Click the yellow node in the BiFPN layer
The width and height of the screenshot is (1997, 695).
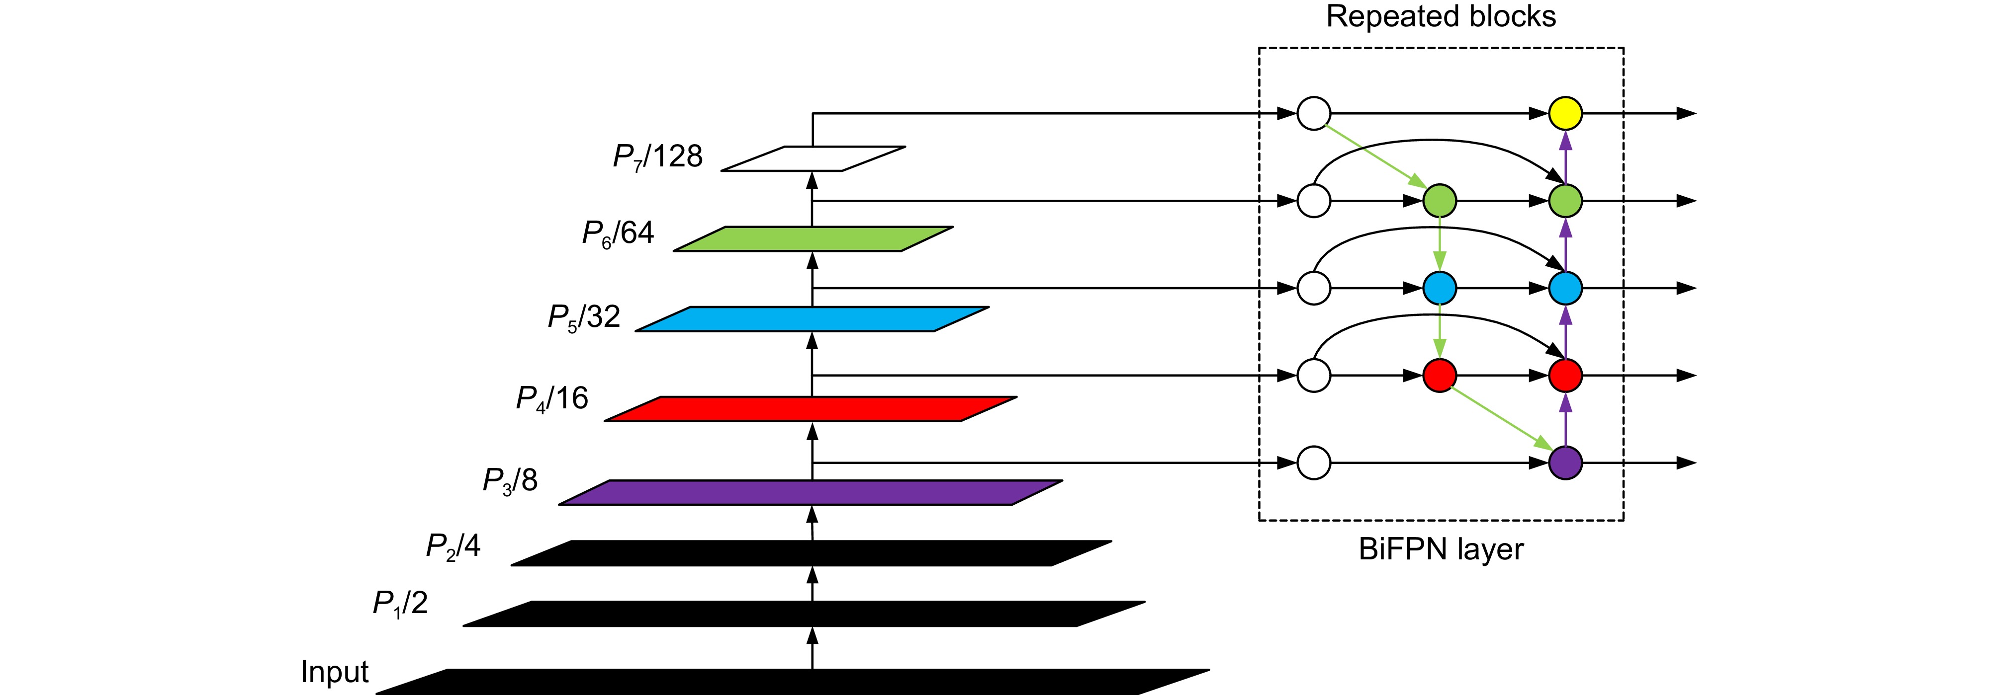tap(1565, 113)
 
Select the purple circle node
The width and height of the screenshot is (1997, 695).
tap(1565, 463)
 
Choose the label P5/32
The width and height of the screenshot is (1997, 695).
tap(584, 317)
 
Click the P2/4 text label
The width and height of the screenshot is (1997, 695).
tap(453, 547)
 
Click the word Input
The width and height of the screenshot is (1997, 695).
tap(334, 672)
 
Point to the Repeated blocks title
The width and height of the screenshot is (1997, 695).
tap(1441, 17)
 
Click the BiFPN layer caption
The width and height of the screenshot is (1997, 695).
tap(1441, 549)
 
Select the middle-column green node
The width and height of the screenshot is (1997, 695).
tap(1440, 201)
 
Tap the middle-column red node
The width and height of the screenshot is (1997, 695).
tap(1440, 376)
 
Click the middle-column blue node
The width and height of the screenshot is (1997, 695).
tap(1440, 288)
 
